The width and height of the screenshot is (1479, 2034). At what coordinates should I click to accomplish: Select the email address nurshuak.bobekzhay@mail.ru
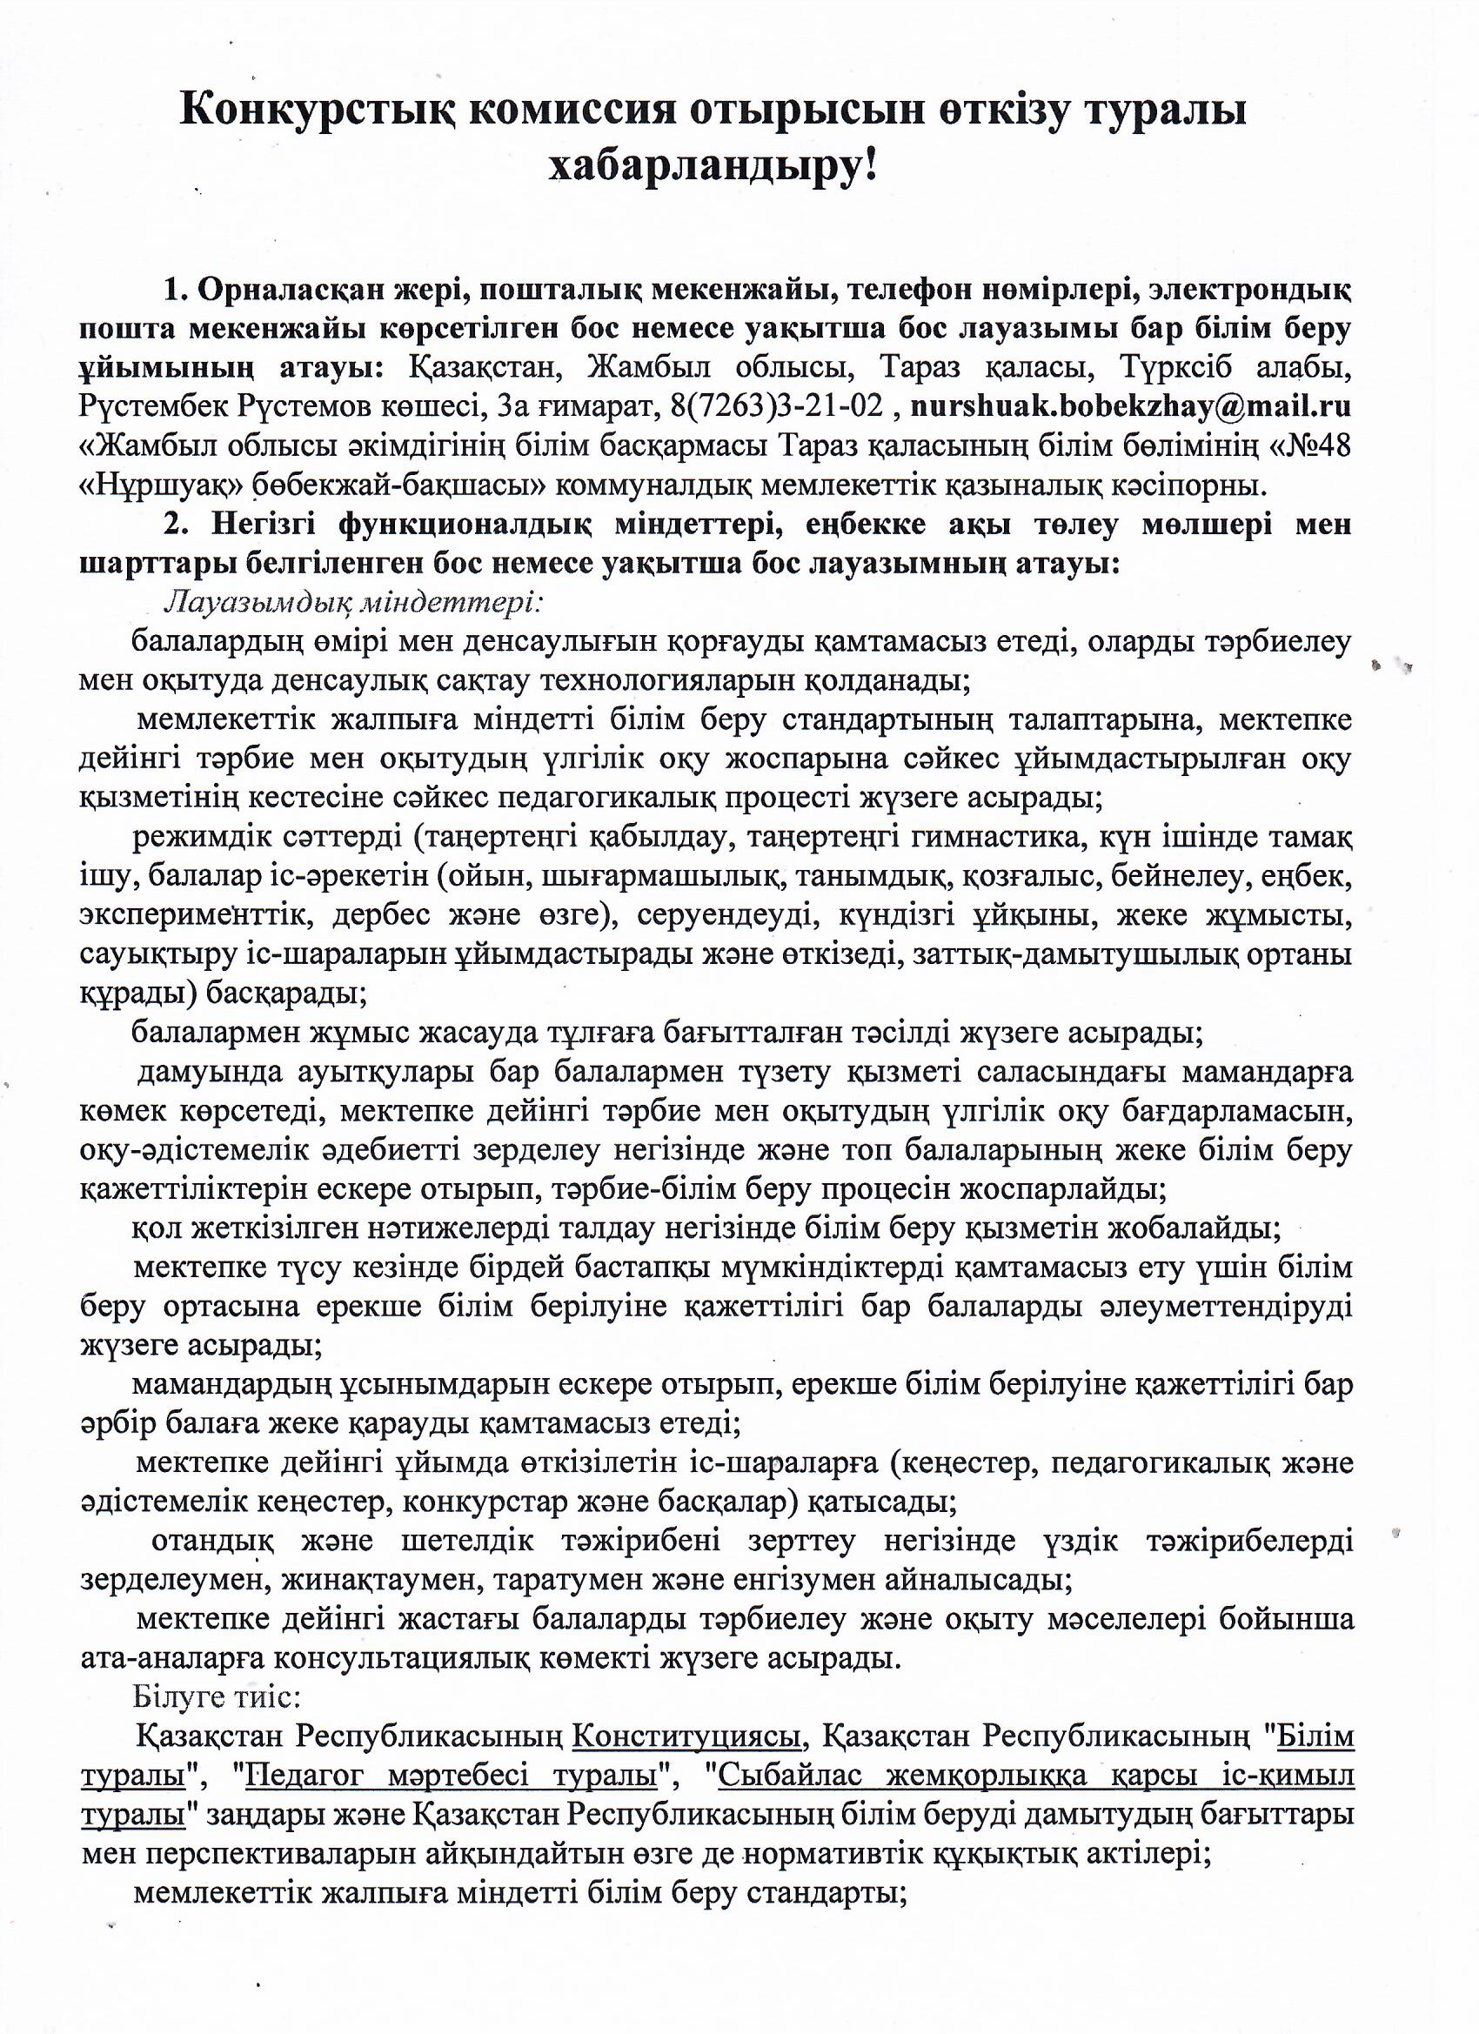click(1130, 406)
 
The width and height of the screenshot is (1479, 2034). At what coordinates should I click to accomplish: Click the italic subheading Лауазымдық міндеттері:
click(353, 602)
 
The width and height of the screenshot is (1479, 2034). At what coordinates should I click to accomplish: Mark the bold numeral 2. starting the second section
click(174, 525)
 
